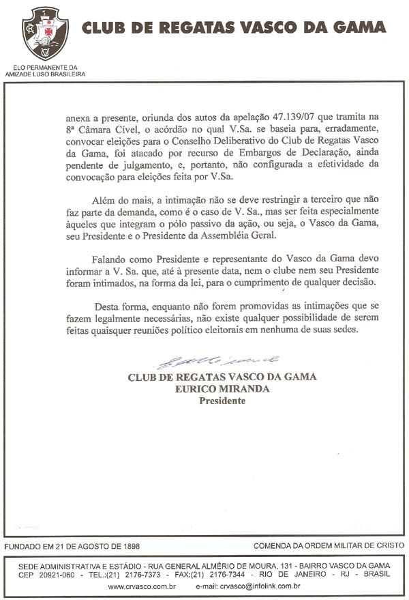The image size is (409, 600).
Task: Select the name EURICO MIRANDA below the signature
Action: click(x=222, y=389)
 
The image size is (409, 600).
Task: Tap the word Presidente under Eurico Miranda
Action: click(x=222, y=401)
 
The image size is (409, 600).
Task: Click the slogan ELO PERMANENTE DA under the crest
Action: click(x=45, y=67)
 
